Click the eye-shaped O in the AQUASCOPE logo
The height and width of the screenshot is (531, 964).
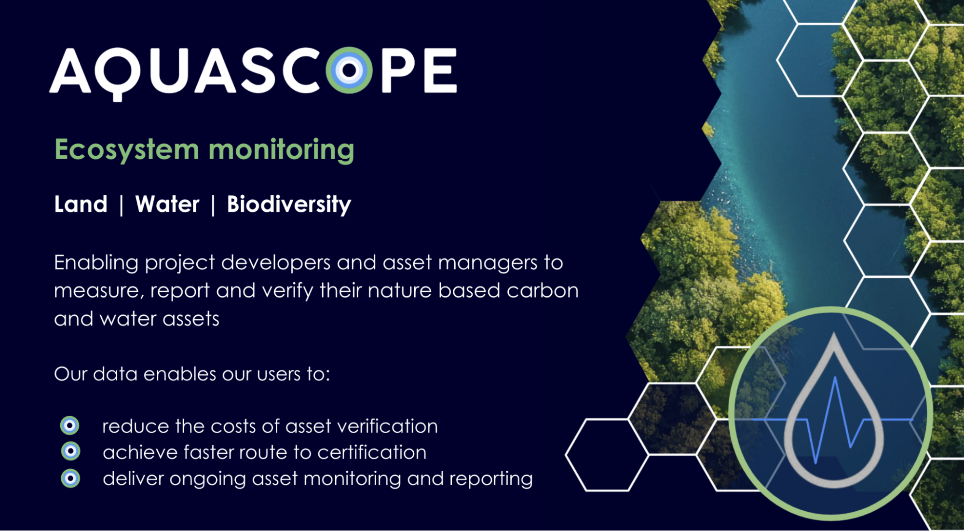tap(350, 70)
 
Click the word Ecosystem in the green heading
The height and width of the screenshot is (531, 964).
tap(127, 150)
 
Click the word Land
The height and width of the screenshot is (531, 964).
tap(81, 204)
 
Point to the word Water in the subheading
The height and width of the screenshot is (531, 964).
tap(167, 204)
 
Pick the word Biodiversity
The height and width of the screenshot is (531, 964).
tap(289, 204)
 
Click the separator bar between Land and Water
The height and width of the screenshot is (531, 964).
tap(122, 205)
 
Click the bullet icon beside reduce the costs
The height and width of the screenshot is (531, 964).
tap(70, 425)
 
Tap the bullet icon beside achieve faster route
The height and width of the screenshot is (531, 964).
tap(70, 451)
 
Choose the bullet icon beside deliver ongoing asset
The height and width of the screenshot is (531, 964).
tap(70, 478)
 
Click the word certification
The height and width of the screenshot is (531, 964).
tap(372, 452)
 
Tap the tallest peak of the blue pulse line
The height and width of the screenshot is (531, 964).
tap(835, 379)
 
